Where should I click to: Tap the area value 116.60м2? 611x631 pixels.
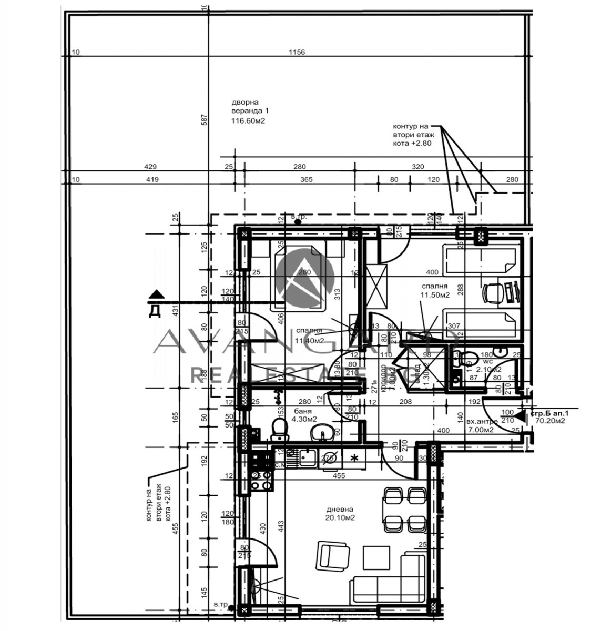click(248, 121)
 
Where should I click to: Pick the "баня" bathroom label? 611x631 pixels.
click(303, 411)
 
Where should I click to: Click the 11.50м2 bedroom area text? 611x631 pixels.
click(434, 295)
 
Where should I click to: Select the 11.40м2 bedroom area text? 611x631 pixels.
click(309, 340)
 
